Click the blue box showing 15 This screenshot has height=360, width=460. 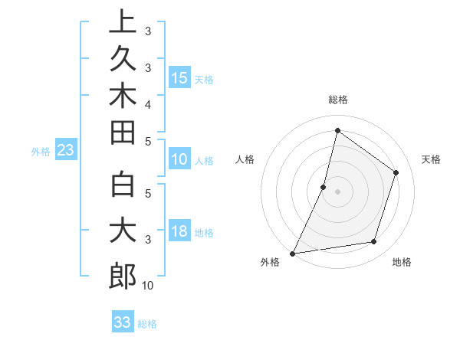pos(179,77)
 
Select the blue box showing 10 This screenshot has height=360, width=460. pos(179,160)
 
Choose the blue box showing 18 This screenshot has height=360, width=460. pos(179,232)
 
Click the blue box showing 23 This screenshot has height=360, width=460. pos(65,151)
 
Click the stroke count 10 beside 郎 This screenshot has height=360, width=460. pos(148,286)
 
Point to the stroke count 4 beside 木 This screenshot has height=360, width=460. pos(148,103)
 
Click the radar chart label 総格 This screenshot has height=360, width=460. pos(337,100)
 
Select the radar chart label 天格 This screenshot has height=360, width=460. pos(431,159)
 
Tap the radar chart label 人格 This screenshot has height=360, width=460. pos(245,159)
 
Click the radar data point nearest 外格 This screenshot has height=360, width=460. pos(292,253)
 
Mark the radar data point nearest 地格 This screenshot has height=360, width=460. pos(374,242)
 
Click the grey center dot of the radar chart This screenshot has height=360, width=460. pos(337,191)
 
